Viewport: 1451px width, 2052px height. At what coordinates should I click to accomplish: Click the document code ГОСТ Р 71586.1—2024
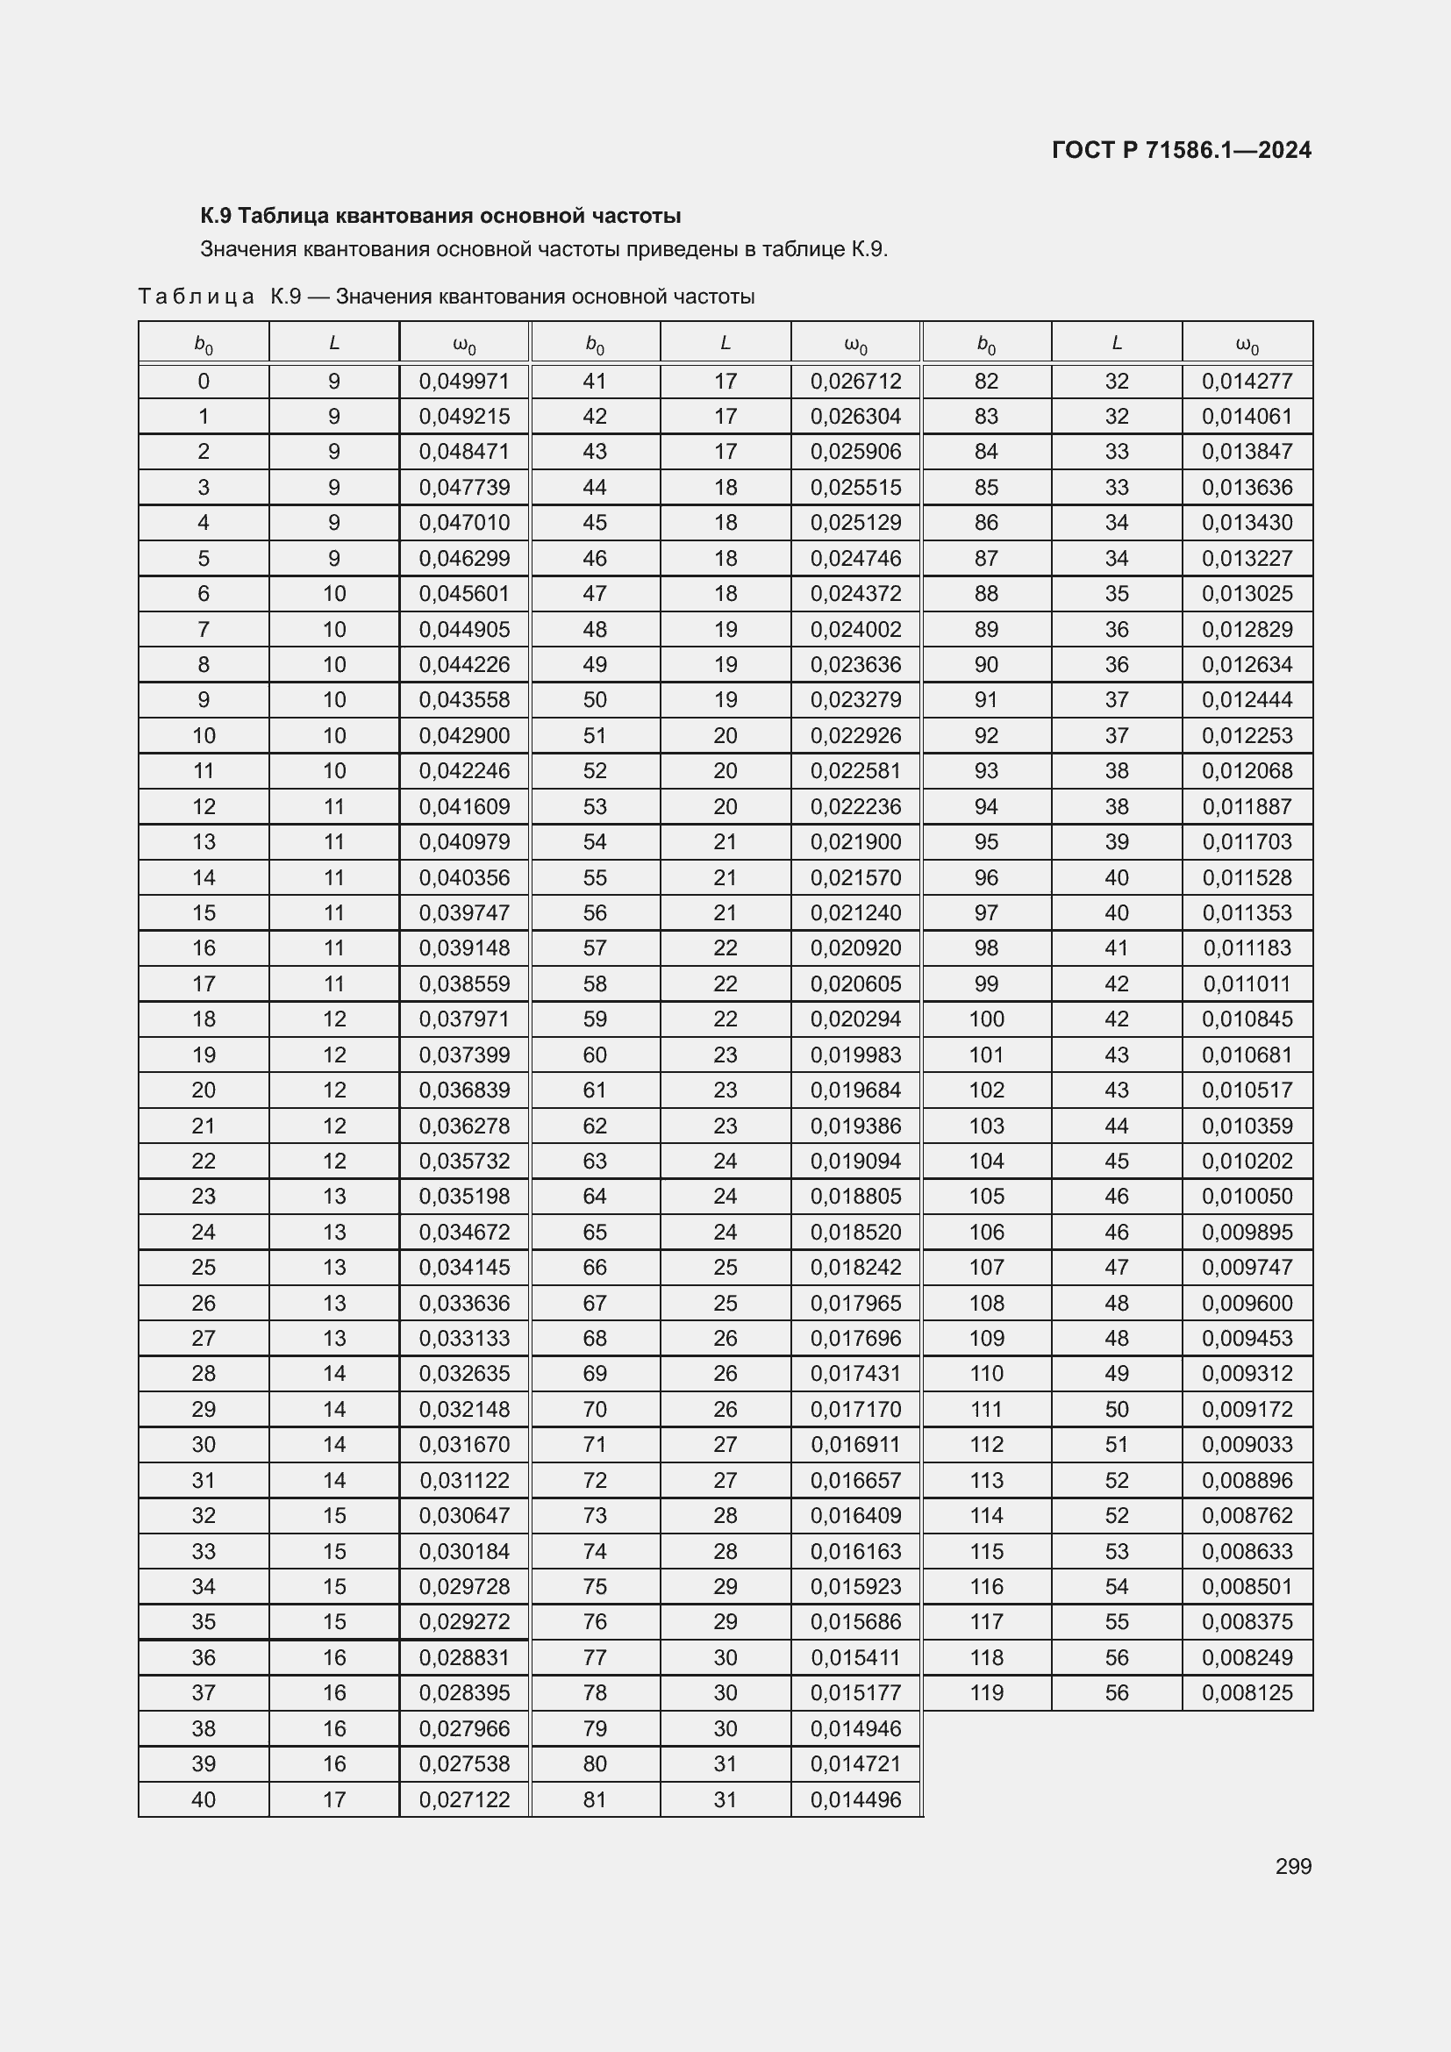[1181, 150]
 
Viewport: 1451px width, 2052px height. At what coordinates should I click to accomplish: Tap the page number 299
[1293, 1865]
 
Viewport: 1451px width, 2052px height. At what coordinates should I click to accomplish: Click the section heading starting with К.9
[440, 216]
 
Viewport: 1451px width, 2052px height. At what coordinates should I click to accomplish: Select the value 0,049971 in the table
[465, 382]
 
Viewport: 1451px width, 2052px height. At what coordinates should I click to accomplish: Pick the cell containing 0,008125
[1247, 1692]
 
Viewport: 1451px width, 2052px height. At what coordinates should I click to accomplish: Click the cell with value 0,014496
[856, 1799]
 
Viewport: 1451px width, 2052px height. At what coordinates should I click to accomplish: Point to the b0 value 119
[986, 1692]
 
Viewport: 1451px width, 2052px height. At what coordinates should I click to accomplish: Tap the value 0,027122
[465, 1799]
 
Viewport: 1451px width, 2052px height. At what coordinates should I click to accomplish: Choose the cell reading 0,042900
[465, 735]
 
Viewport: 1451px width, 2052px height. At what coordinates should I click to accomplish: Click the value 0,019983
[856, 1055]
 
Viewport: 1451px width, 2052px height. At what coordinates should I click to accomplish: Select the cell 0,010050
[1247, 1196]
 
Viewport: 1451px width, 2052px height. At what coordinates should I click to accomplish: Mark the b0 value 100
[986, 1019]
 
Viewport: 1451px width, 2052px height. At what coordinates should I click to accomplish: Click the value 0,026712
[856, 382]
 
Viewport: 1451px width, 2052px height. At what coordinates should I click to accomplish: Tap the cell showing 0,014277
[1247, 382]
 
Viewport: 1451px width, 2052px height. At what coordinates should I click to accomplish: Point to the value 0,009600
[1247, 1303]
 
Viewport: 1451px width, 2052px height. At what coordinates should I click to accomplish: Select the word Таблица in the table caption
[197, 297]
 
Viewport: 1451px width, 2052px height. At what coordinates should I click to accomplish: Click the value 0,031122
[465, 1480]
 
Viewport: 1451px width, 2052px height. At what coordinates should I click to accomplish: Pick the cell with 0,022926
[856, 735]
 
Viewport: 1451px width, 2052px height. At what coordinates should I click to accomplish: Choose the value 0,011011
[1247, 984]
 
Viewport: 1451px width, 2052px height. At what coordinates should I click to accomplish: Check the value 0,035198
[465, 1196]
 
